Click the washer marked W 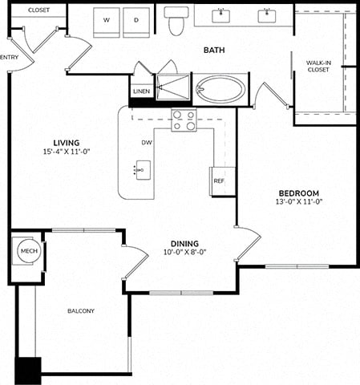point(107,22)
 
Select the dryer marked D point(136,22)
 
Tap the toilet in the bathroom point(176,22)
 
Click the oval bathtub point(220,88)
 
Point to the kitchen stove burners point(184,120)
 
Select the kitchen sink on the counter point(143,170)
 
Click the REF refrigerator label point(219,181)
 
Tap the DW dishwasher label point(147,143)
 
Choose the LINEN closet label point(142,91)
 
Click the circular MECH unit point(29,251)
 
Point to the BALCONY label point(81,311)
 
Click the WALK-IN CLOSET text point(318,67)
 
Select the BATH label point(214,50)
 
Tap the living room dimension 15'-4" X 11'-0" point(67,152)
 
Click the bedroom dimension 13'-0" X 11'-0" point(299,201)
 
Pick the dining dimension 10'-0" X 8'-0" point(185,252)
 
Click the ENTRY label point(10,57)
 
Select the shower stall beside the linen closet point(173,87)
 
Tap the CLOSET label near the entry point(38,10)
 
